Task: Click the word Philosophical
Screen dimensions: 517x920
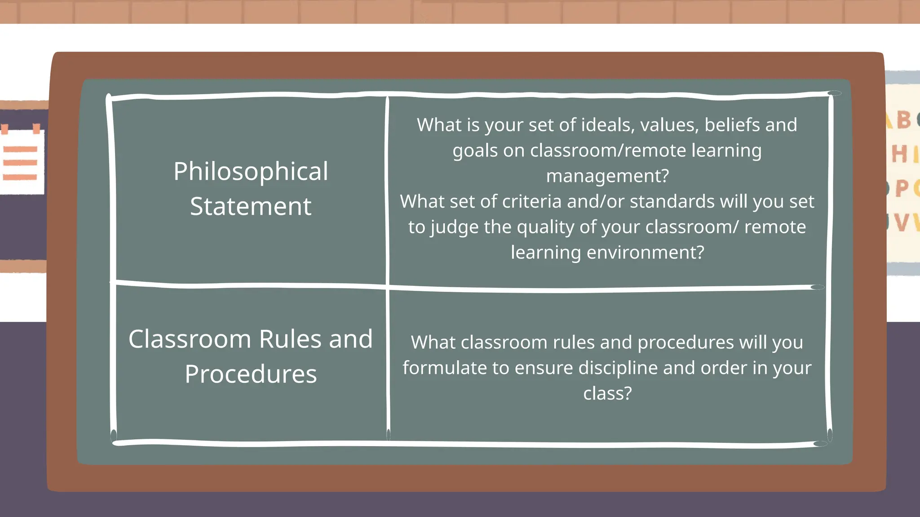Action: point(251,172)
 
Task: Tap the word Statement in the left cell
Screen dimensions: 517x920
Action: point(251,206)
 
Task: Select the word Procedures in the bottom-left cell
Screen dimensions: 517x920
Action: point(251,374)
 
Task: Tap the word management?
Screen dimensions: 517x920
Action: point(607,176)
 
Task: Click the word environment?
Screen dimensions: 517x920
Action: point(645,252)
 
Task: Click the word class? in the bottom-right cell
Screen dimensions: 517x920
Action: point(607,394)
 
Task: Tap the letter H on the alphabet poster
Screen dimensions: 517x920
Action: point(899,155)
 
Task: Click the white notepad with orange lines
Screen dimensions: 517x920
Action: point(22,162)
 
